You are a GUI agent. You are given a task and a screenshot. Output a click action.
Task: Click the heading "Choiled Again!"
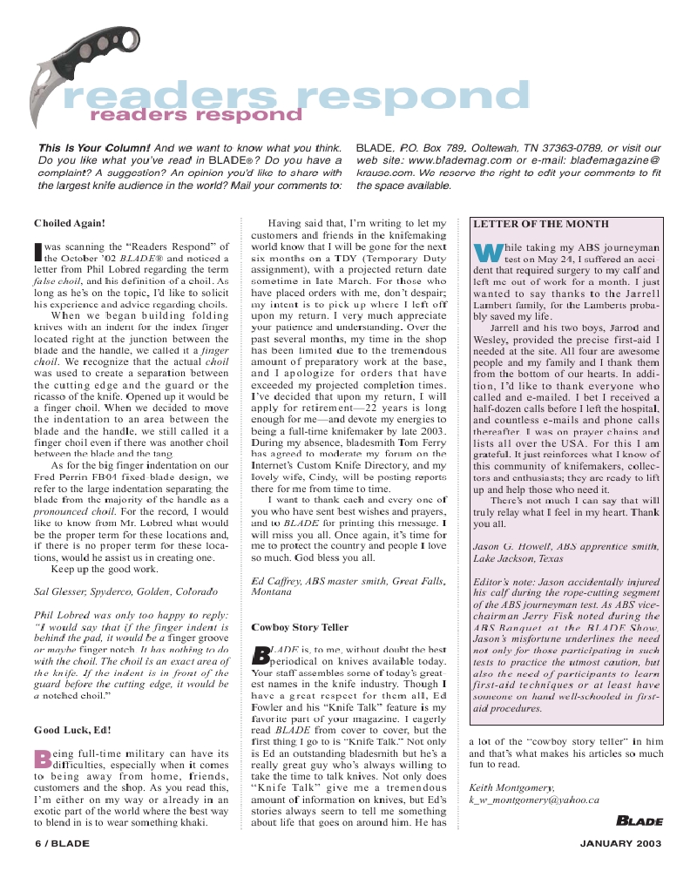(x=70, y=224)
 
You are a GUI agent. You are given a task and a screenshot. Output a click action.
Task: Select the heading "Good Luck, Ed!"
(x=72, y=730)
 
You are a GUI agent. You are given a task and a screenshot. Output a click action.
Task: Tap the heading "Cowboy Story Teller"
(x=300, y=627)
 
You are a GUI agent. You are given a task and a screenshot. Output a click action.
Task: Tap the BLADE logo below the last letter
(x=639, y=820)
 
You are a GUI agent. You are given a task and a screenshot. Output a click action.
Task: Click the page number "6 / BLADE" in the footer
(x=62, y=843)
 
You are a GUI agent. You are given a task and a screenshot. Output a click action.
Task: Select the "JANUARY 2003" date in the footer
(x=621, y=843)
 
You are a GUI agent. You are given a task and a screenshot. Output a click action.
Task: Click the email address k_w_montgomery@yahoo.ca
(x=533, y=800)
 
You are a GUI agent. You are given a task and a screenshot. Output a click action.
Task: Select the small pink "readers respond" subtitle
(x=188, y=115)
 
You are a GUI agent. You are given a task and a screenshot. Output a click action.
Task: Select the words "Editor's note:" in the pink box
(x=504, y=579)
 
